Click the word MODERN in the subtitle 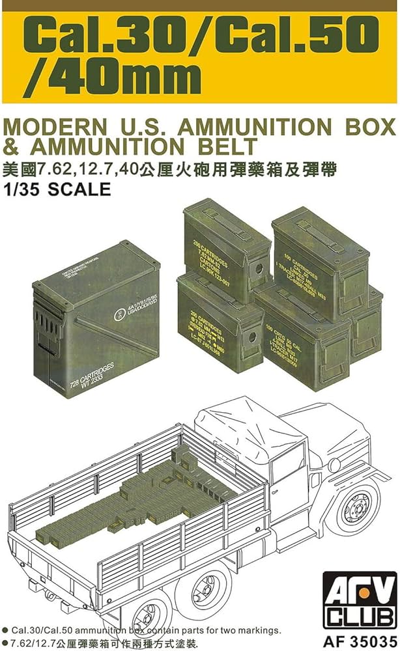click(x=53, y=124)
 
